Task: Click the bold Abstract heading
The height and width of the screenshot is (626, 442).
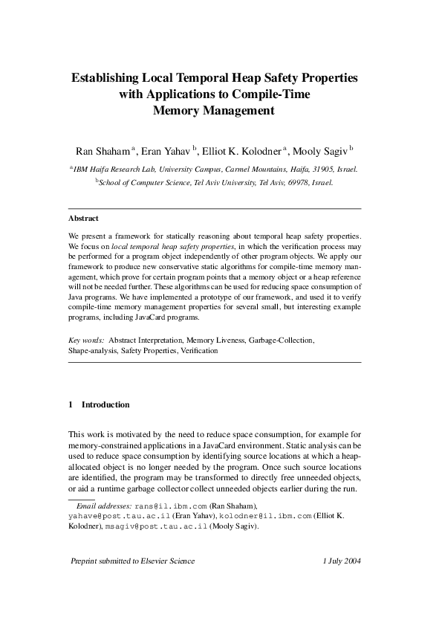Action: pos(83,219)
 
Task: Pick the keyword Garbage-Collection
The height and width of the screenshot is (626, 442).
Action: pos(281,340)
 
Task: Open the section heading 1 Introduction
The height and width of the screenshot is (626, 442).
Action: pos(99,404)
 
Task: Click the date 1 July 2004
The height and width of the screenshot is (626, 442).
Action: pos(342,561)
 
